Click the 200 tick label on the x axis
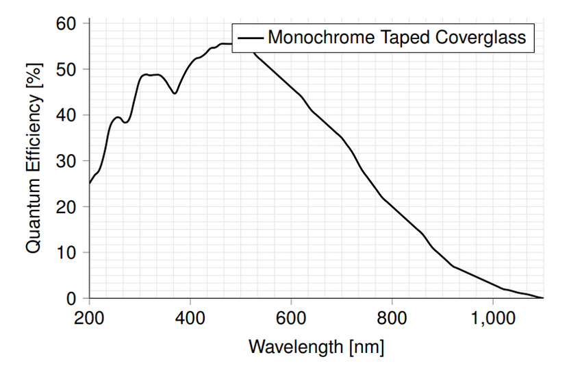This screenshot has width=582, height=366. point(89,318)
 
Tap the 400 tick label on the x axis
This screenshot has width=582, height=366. point(190,318)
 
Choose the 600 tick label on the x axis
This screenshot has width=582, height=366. point(292,318)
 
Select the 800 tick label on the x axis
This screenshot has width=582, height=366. point(392,318)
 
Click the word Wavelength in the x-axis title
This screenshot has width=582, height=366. point(296,346)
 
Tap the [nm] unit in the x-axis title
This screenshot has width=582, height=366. point(367,347)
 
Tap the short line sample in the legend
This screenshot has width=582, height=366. point(250,38)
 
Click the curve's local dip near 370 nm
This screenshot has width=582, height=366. point(175,93)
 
